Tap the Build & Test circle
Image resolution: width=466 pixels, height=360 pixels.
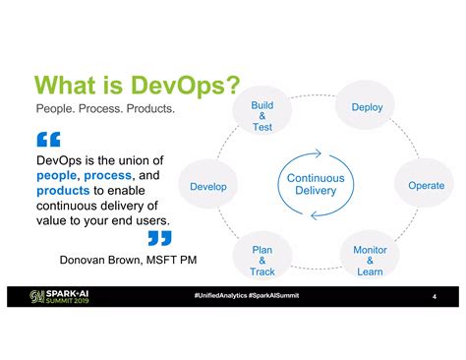pos(262,116)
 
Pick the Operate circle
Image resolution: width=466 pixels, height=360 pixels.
pos(426,185)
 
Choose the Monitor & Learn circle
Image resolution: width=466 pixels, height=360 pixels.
pos(370,261)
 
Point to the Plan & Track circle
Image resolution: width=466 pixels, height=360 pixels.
pos(262,261)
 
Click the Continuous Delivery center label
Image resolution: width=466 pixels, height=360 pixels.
pos(316,184)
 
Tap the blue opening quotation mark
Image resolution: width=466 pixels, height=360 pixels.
pos(47,140)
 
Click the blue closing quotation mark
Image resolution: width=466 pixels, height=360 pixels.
pos(158,238)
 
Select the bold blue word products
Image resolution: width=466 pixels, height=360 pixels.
pos(63,190)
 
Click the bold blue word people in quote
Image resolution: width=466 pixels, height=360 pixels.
pos(56,175)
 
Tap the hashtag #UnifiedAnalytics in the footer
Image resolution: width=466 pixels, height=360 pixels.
pos(221,296)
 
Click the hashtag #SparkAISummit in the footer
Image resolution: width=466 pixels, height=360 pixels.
pos(274,296)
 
